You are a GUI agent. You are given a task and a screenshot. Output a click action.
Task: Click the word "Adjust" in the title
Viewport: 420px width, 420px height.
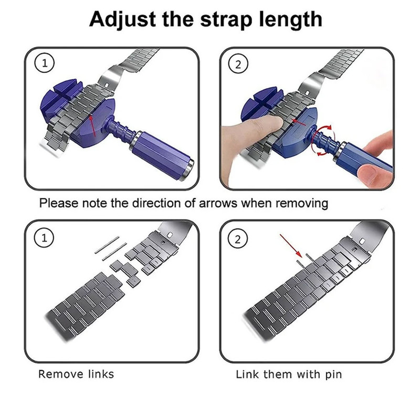pos(123,20)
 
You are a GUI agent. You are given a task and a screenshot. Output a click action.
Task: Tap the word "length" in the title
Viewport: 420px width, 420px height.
pos(291,19)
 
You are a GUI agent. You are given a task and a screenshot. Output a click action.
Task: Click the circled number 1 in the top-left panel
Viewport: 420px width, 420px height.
pos(45,64)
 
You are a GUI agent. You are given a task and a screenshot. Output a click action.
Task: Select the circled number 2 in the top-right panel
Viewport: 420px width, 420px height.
pos(238,64)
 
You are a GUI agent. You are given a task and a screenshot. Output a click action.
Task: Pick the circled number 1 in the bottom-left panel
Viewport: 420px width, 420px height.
pos(44,238)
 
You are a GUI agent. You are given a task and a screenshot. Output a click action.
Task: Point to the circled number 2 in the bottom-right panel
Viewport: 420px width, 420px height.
pos(238,239)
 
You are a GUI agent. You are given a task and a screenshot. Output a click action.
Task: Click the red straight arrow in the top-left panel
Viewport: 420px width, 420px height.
pos(92,125)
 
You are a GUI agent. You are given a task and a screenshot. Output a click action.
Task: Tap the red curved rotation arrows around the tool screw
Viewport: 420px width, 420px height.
pos(322,140)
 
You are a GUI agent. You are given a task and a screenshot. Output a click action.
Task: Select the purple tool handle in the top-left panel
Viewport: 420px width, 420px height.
pos(163,155)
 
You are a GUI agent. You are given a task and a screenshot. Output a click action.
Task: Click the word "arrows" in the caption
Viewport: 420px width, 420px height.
pos(218,203)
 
